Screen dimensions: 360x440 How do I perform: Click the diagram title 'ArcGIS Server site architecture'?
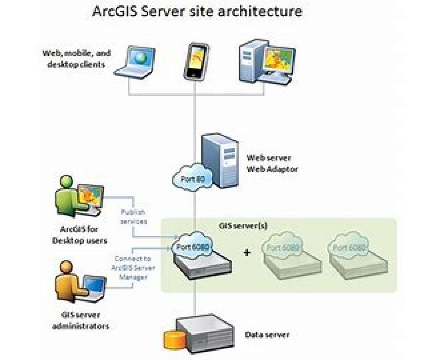(197, 11)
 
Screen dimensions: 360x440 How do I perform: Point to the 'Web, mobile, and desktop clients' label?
(76, 59)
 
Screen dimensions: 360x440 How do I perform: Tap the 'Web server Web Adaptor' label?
(269, 164)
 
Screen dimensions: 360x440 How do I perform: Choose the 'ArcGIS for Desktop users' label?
(80, 235)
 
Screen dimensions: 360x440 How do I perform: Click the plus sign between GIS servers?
(247, 252)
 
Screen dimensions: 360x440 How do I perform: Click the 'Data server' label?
(267, 334)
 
